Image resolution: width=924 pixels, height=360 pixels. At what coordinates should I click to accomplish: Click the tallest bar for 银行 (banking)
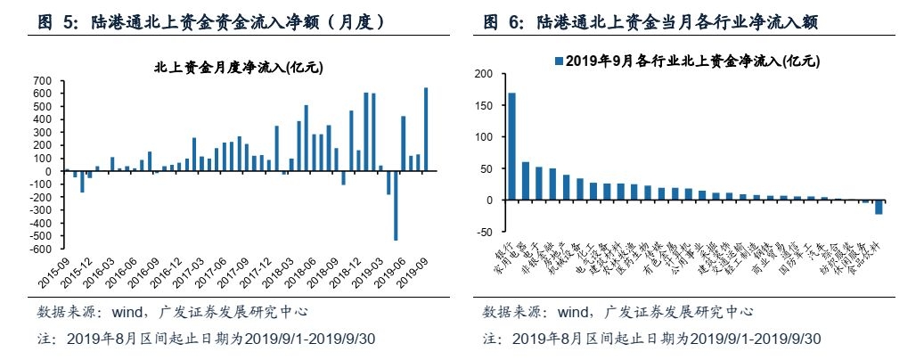(x=511, y=146)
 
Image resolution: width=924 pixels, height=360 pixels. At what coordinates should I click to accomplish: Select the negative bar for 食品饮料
(x=879, y=207)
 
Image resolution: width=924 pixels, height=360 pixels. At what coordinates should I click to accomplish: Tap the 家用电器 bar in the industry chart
(x=526, y=181)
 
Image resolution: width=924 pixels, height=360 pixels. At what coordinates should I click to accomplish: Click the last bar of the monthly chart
(x=425, y=129)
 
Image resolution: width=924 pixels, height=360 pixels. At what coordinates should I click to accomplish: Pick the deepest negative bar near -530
(x=396, y=205)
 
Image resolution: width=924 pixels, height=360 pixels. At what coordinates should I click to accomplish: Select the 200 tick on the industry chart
(x=483, y=74)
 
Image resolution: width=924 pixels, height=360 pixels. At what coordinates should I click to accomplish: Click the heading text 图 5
(x=61, y=20)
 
